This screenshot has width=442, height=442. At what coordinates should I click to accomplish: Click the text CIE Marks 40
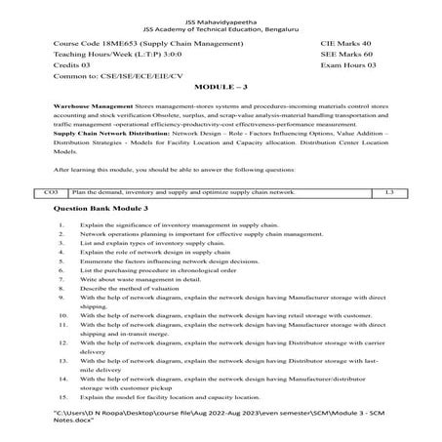pyautogui.click(x=345, y=45)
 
